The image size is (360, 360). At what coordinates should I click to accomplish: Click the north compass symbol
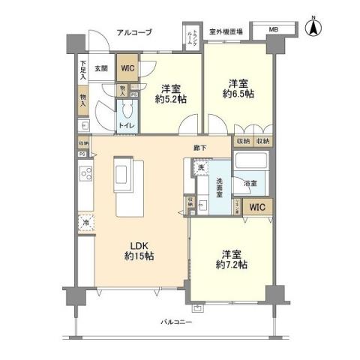click(316, 31)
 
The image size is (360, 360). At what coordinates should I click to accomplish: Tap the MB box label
click(272, 30)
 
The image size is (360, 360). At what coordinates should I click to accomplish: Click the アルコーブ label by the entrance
click(134, 32)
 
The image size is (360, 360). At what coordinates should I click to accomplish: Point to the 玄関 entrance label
click(103, 67)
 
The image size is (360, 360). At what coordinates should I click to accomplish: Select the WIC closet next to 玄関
click(128, 68)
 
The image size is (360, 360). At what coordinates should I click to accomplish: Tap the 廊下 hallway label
click(199, 148)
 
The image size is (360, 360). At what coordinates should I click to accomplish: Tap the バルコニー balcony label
click(176, 322)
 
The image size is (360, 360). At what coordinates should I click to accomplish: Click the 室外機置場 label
click(226, 31)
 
